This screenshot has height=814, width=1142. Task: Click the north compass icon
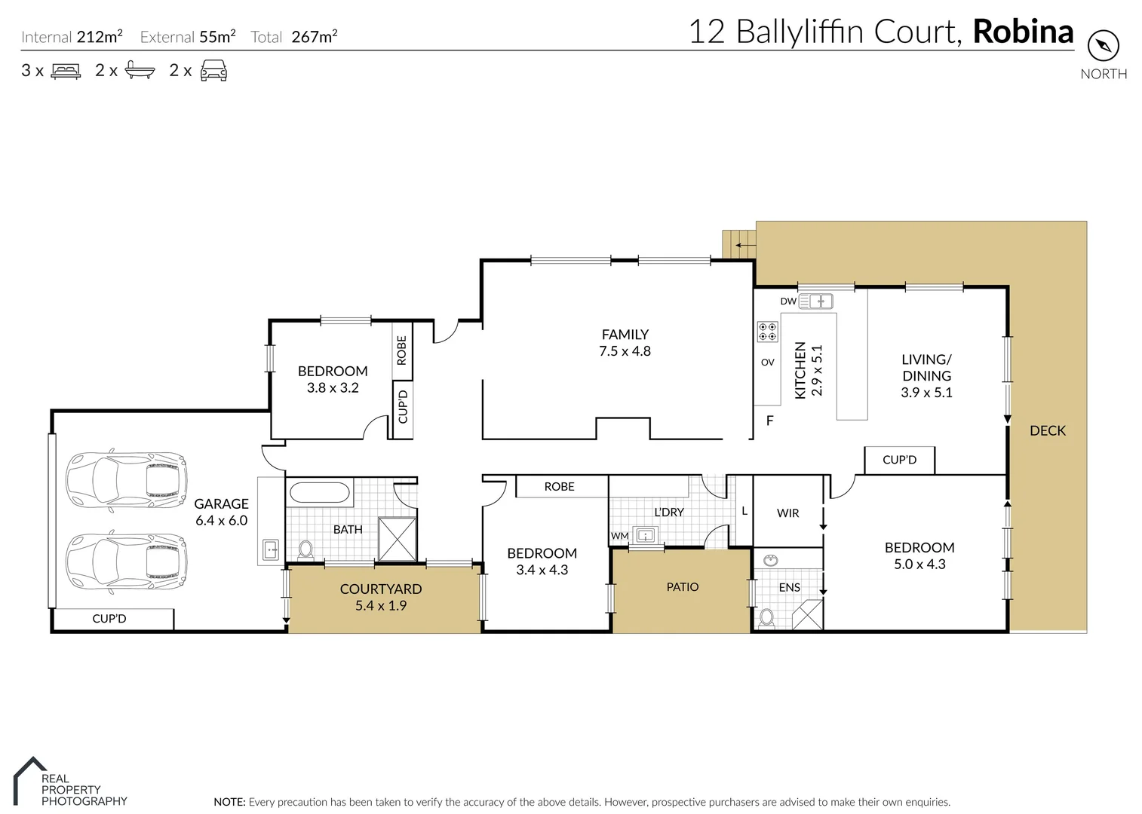tap(1103, 47)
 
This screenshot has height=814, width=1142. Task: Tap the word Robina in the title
tap(1023, 32)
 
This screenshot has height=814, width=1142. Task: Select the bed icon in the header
tap(66, 72)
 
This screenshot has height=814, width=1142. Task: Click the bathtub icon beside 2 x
tap(140, 71)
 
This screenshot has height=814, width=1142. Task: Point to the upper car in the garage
tap(126, 479)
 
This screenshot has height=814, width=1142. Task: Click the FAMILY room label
tap(625, 335)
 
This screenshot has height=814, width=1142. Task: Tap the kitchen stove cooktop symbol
tap(767, 332)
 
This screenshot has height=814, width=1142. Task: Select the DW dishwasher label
tap(787, 301)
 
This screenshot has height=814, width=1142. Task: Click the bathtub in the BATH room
tap(320, 494)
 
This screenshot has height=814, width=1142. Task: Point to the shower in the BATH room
tap(397, 539)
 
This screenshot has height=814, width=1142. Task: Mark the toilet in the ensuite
tap(766, 618)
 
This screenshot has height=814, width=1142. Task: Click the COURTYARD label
tap(381, 589)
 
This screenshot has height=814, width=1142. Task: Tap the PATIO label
tap(683, 587)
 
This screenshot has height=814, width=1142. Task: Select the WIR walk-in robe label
tap(787, 513)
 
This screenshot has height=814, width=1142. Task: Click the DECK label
tap(1048, 431)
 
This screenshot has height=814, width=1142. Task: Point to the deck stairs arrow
tap(745, 245)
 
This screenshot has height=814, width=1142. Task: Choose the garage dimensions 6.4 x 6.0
tap(221, 521)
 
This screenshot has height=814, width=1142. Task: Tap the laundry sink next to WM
tap(646, 536)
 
